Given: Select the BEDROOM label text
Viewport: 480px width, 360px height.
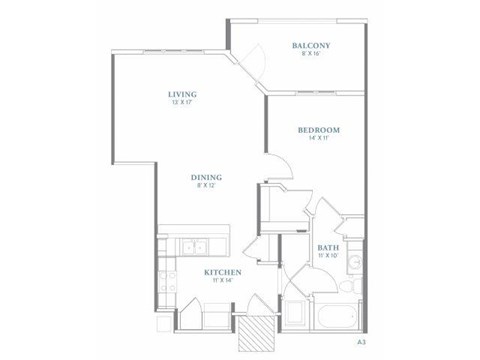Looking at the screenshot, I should tap(320, 130).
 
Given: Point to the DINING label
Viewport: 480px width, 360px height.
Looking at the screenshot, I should tap(205, 177).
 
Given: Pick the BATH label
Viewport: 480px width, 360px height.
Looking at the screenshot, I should tap(327, 247).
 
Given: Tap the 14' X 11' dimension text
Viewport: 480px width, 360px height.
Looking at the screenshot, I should tap(320, 140).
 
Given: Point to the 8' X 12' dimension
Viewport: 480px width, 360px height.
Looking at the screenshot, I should tap(205, 187).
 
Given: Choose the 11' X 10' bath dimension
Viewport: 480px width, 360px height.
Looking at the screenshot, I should tap(327, 257).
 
